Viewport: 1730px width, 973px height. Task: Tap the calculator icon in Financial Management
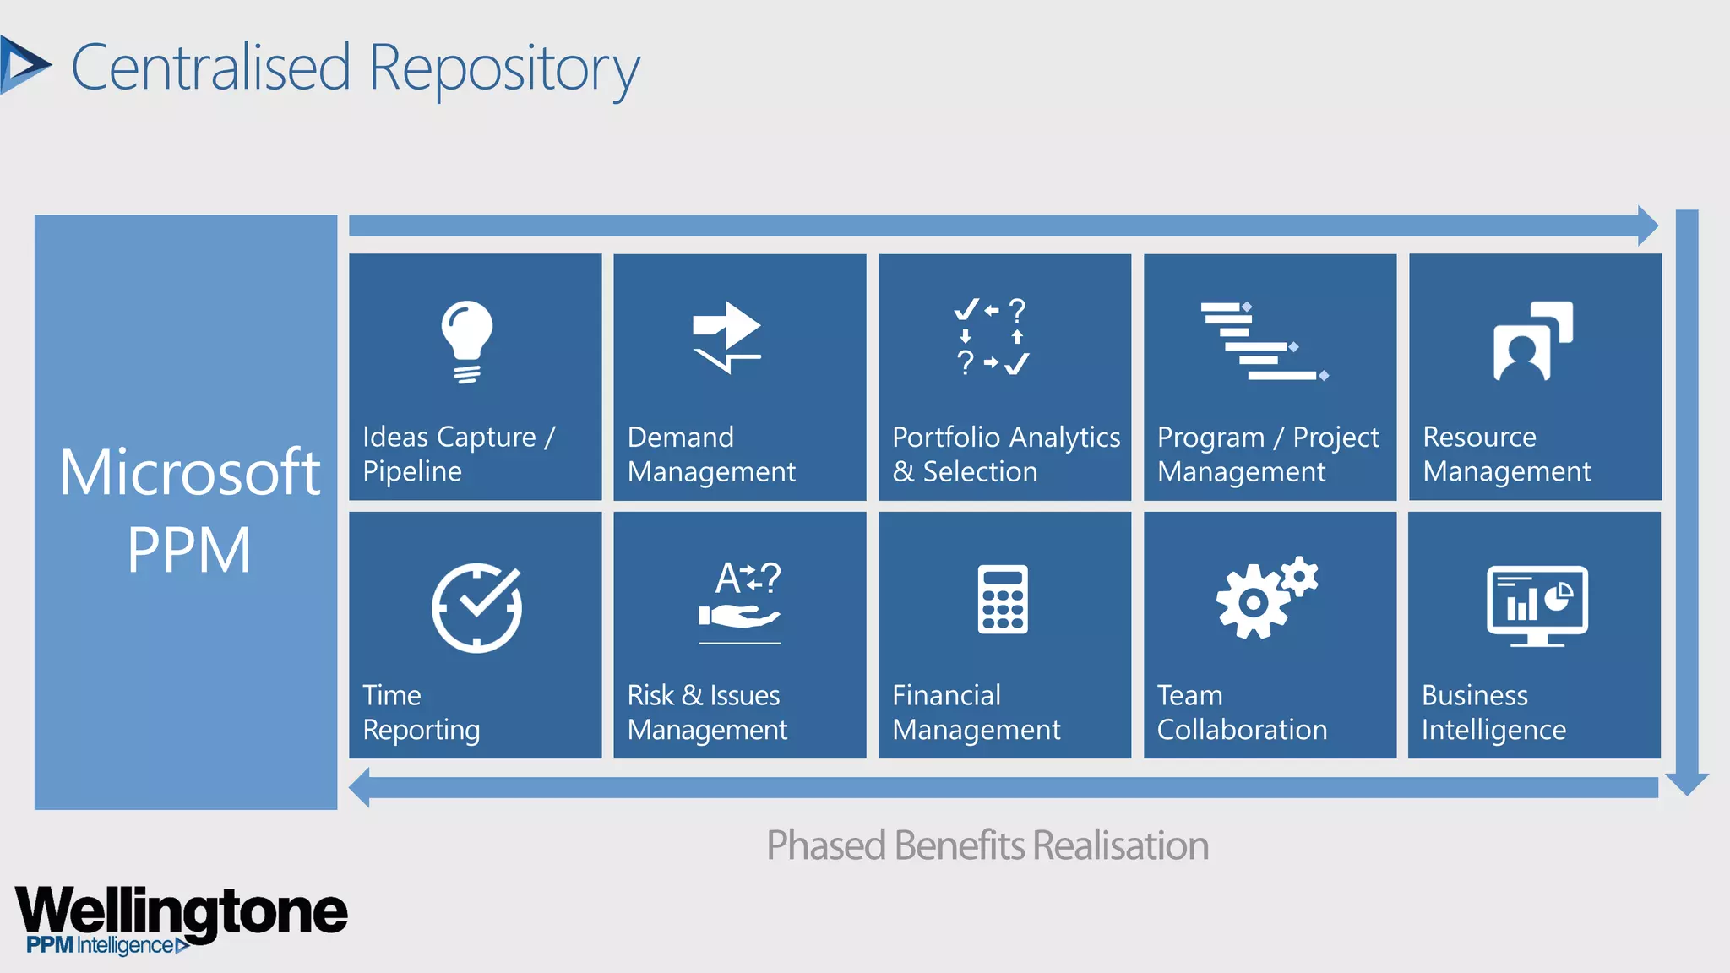click(1003, 599)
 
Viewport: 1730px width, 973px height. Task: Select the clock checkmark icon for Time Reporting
click(477, 607)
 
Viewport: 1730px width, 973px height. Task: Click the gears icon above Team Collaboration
click(1265, 597)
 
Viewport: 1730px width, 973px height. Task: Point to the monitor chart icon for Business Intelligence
click(1537, 605)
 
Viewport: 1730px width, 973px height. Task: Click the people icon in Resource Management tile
click(1532, 341)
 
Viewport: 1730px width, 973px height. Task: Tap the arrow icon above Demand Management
click(726, 336)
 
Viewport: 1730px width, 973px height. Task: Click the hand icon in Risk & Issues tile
click(738, 617)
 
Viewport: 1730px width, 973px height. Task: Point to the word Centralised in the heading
click(210, 68)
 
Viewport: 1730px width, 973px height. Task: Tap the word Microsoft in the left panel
click(189, 472)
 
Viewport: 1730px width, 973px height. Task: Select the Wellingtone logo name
click(181, 911)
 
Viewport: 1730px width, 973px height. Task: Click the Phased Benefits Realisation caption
click(987, 845)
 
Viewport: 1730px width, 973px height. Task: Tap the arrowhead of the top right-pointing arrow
click(1646, 226)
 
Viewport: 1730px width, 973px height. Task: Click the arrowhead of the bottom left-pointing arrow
click(361, 787)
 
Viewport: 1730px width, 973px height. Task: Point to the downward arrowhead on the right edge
click(1687, 783)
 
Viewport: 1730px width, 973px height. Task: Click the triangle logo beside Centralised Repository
click(23, 65)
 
